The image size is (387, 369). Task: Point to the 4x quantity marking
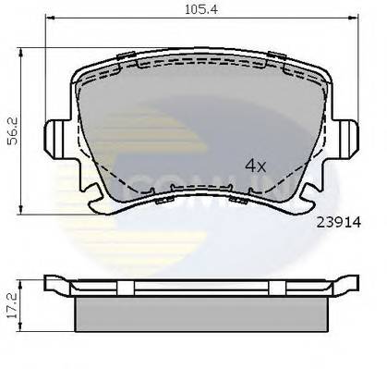point(255,166)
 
